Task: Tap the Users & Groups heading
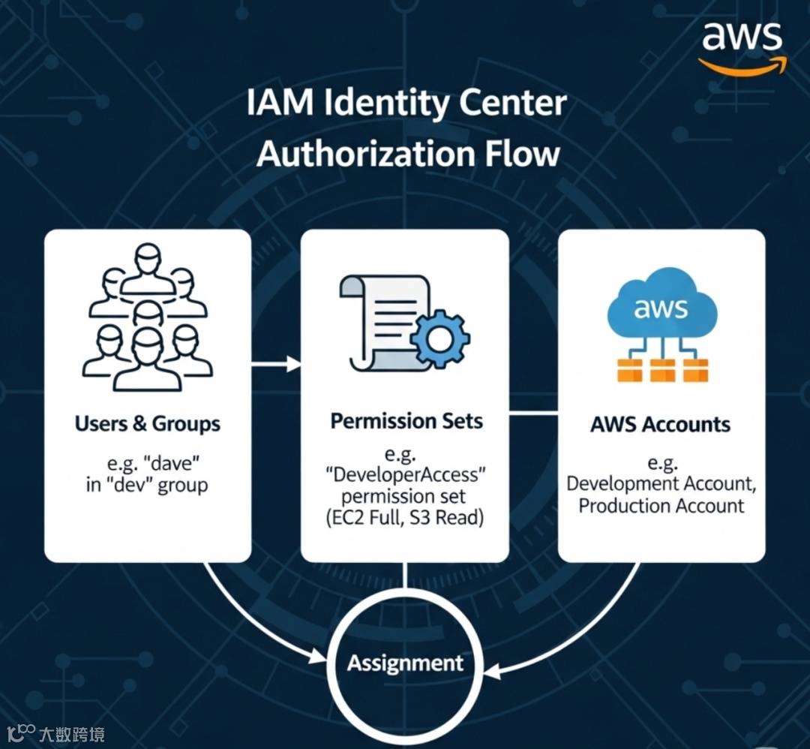(148, 424)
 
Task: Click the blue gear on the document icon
(440, 338)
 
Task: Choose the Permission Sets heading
(406, 421)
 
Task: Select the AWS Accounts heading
(660, 424)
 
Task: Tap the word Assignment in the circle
(406, 663)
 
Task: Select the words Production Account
(661, 505)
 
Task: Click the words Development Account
(660, 483)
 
